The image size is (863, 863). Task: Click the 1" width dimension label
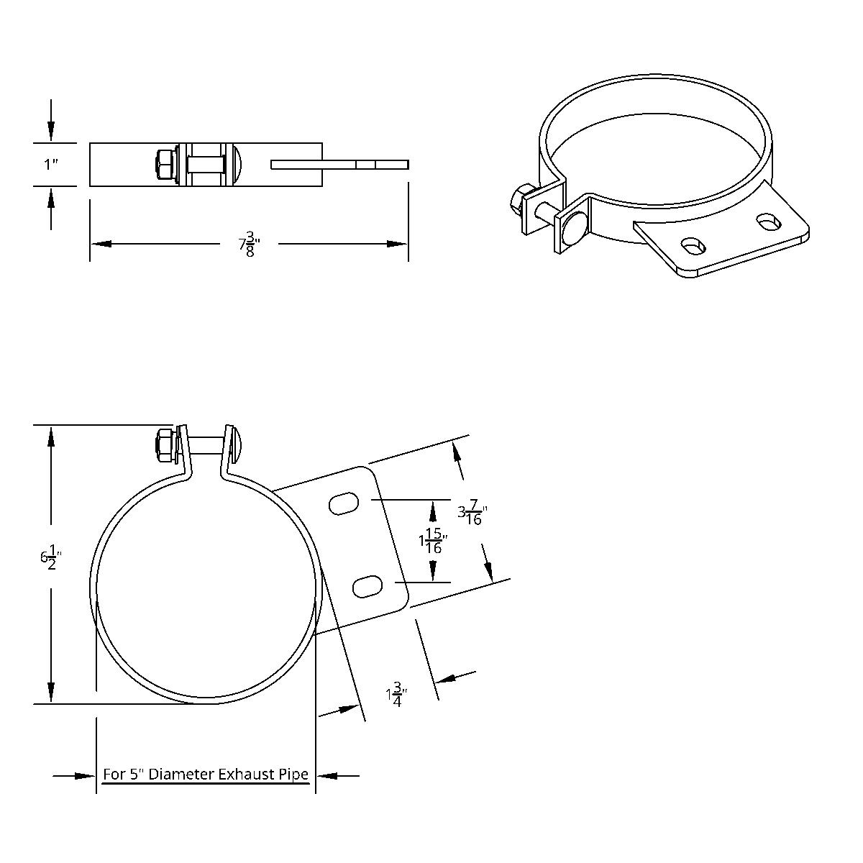(50, 165)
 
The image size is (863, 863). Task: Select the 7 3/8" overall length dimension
(249, 244)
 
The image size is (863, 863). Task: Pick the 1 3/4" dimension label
(396, 695)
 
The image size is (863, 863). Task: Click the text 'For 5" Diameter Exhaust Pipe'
(206, 775)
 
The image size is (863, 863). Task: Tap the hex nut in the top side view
(165, 165)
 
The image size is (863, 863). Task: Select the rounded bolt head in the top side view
(239, 165)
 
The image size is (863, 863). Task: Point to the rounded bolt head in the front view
(239, 444)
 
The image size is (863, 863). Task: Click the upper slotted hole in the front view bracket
(344, 504)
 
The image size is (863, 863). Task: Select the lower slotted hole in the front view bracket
(367, 586)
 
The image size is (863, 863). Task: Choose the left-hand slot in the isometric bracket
(694, 246)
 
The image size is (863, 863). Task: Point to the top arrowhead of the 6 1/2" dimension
(51, 435)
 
